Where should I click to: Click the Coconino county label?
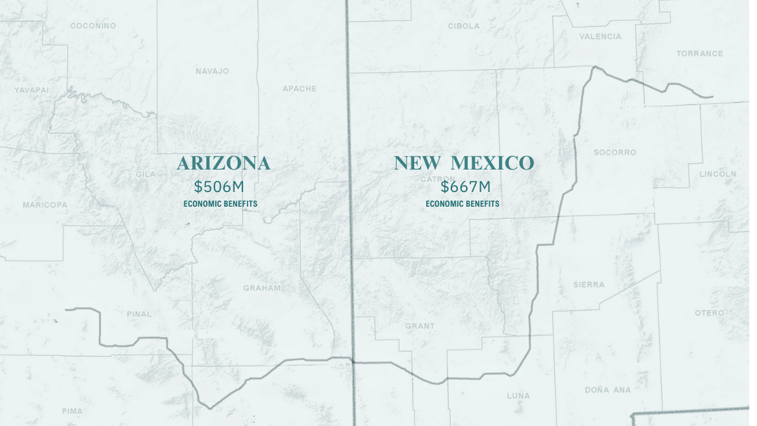[x=93, y=26]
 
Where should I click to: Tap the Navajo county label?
[x=212, y=71]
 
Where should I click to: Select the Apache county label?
[x=299, y=89]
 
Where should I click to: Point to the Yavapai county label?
[x=32, y=90]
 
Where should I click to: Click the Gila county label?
[x=146, y=174]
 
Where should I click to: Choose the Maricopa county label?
[x=45, y=205]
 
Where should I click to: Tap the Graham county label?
[x=261, y=288]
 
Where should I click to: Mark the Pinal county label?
[x=139, y=314]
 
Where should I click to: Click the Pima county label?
[x=71, y=411]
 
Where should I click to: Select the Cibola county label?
[x=464, y=26]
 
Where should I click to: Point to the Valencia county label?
[x=600, y=36]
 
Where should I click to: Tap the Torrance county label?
[x=700, y=53]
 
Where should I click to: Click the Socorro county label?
[x=615, y=152]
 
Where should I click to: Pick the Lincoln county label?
[x=718, y=174]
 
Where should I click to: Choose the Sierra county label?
[x=588, y=284]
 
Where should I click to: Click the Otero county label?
[x=709, y=312]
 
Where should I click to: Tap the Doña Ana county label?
[x=608, y=390]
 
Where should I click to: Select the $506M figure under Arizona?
[x=219, y=187]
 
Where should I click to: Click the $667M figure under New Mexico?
[x=465, y=187]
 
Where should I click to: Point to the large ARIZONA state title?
[x=223, y=163]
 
